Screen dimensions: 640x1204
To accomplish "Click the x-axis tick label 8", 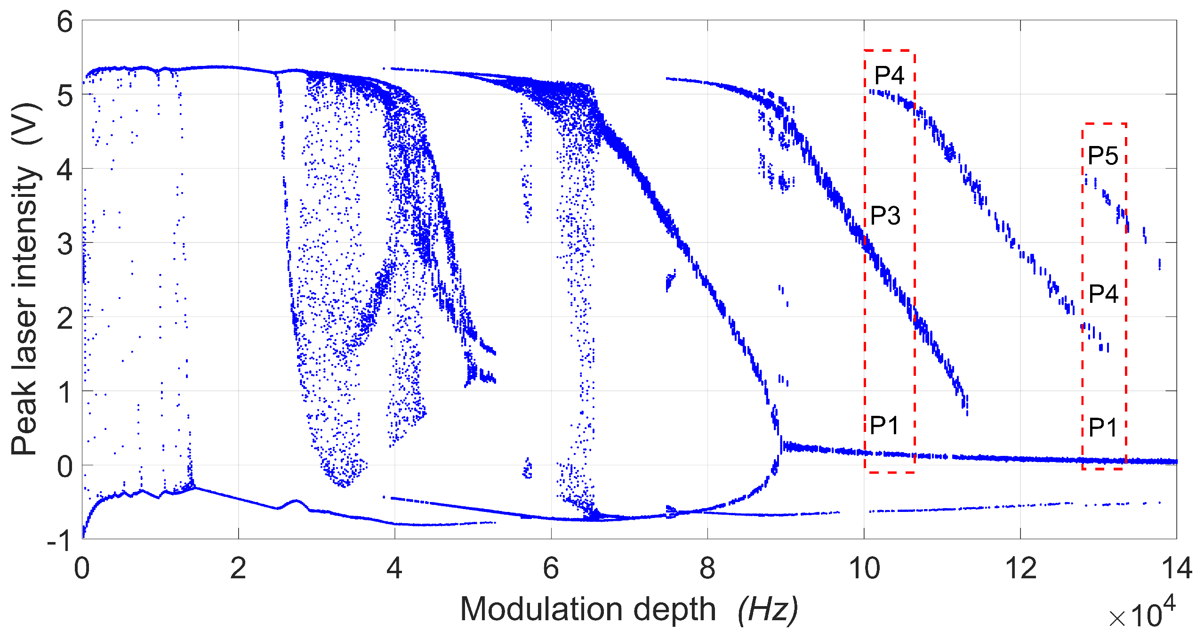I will click(x=707, y=569).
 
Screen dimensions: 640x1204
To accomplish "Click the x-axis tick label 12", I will click(x=1020, y=569).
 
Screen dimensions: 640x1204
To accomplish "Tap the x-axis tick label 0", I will click(x=82, y=569).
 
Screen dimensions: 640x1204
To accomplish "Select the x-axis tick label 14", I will click(x=1176, y=569).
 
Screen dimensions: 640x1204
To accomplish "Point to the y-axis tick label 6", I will click(x=65, y=22).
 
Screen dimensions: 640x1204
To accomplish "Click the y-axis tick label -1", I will click(x=59, y=541).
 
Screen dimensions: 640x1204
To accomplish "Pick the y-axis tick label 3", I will click(x=65, y=244).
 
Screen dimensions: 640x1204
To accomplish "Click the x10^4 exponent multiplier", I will click(x=1142, y=614).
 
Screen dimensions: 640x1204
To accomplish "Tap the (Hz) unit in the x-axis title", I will click(x=768, y=609).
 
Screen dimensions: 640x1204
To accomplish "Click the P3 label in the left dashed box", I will click(x=885, y=216).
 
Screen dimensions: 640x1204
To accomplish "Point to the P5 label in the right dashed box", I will click(x=1103, y=155).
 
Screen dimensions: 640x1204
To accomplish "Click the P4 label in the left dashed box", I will click(x=889, y=75).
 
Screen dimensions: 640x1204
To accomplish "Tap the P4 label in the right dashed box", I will click(x=1103, y=294).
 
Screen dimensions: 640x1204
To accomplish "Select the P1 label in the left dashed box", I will click(x=884, y=426).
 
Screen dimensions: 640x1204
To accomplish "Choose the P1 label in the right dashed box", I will click(x=1103, y=428).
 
